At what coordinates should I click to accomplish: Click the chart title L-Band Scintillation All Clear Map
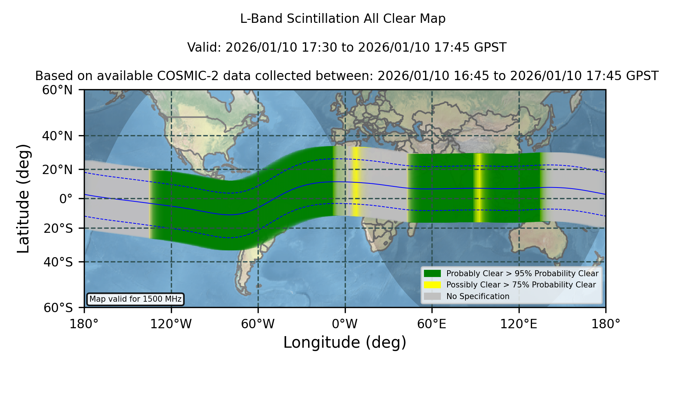(x=342, y=18)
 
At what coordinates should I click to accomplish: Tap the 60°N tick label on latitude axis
(x=58, y=90)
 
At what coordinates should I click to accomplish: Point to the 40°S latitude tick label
(x=58, y=262)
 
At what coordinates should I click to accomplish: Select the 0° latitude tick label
(x=66, y=198)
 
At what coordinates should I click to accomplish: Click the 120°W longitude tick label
(x=171, y=324)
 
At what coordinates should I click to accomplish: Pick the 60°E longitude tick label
(x=432, y=324)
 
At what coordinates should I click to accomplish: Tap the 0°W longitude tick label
(x=345, y=324)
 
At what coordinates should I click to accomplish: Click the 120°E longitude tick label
(x=519, y=324)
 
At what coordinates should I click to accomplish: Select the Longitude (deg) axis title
(x=345, y=342)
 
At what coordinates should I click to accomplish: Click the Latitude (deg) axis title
(x=23, y=198)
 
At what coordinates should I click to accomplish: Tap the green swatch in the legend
(x=433, y=273)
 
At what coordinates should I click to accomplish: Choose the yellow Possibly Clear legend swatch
(x=433, y=285)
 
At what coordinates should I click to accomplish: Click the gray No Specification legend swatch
(x=433, y=296)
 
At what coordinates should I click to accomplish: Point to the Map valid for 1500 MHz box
(x=136, y=299)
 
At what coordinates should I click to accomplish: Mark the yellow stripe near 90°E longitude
(x=478, y=188)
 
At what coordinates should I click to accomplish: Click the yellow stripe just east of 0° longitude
(x=356, y=182)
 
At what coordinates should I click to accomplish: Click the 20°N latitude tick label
(x=58, y=170)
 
